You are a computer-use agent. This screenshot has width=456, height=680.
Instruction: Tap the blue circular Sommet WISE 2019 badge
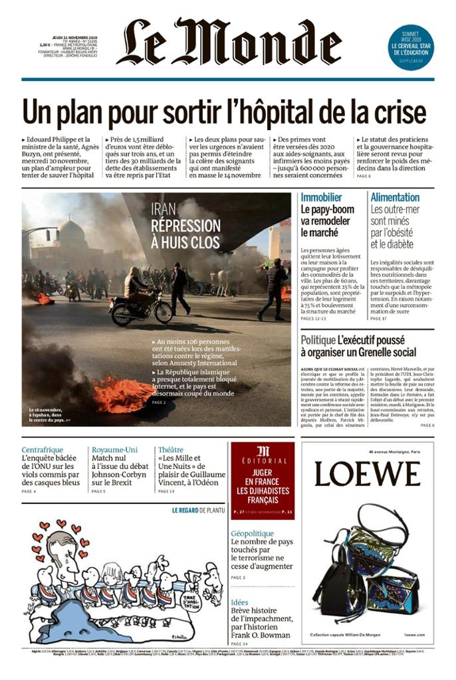pyautogui.click(x=411, y=46)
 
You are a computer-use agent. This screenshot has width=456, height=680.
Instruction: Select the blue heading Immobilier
pyautogui.click(x=322, y=197)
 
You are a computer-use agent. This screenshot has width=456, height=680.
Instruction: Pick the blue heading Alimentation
pyautogui.click(x=395, y=197)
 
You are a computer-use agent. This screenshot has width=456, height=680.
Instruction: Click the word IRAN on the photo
pyautogui.click(x=164, y=209)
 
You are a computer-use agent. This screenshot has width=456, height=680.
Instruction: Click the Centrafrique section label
pyautogui.click(x=46, y=450)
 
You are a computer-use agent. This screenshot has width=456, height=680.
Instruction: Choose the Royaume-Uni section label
pyautogui.click(x=114, y=450)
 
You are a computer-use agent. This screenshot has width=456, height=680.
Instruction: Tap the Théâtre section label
pyautogui.click(x=171, y=450)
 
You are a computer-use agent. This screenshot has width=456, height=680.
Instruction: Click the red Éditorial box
pyautogui.click(x=262, y=480)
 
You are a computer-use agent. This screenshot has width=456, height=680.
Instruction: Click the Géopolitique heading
pyautogui.click(x=252, y=533)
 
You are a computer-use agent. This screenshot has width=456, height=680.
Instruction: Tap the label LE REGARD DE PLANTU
pyautogui.click(x=198, y=511)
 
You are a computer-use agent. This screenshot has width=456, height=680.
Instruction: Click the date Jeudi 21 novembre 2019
pyautogui.click(x=75, y=37)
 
